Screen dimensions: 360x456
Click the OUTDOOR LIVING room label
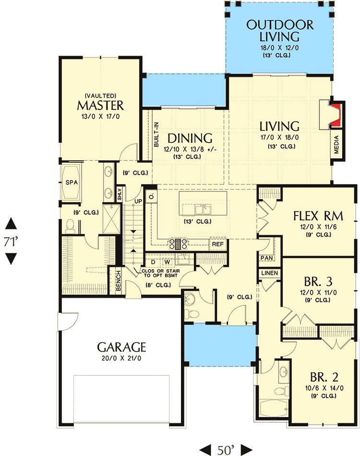[280, 31]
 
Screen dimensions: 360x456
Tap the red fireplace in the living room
[336, 114]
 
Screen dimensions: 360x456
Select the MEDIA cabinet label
[336, 144]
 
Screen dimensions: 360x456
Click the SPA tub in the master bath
[71, 182]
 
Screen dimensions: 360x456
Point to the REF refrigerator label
[217, 244]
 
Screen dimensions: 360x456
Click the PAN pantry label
[266, 258]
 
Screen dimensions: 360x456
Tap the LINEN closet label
[270, 273]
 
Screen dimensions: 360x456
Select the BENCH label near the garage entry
[118, 281]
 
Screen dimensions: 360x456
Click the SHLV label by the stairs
[120, 194]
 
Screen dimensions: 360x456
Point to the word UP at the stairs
[138, 201]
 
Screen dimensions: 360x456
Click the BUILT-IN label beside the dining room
[156, 134]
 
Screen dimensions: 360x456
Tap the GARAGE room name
[121, 347]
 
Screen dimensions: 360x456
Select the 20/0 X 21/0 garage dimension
[121, 358]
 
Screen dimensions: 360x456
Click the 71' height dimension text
[11, 241]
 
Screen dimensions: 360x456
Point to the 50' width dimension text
[226, 450]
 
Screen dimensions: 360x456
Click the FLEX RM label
[318, 216]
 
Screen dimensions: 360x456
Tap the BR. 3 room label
[318, 281]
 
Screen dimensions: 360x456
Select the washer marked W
[167, 262]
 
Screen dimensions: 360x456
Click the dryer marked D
[153, 262]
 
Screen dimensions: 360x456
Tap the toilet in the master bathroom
[70, 226]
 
